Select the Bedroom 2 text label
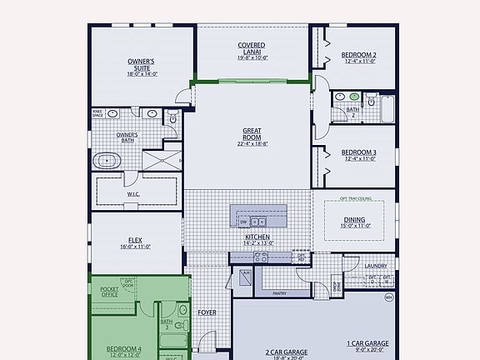359,57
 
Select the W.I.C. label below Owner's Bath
133,194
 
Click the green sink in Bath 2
354,97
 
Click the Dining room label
354,222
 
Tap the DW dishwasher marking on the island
243,222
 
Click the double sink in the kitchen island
258,222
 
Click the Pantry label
279,293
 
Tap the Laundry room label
376,267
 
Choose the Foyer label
207,313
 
